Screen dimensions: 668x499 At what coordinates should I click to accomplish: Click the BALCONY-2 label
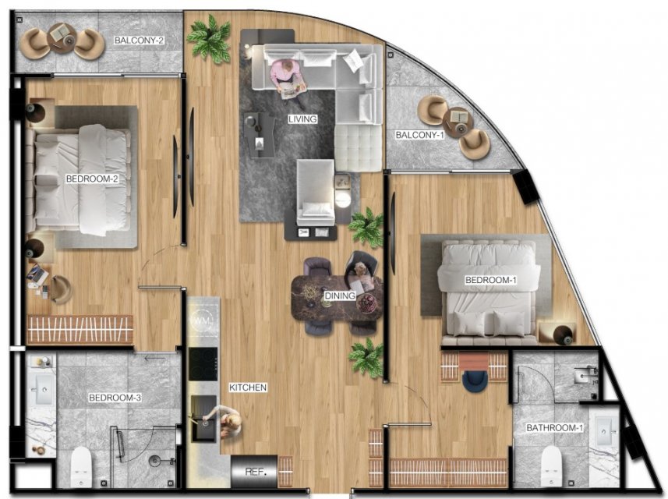[x=140, y=41]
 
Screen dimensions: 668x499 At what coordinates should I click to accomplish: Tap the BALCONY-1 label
[x=419, y=135]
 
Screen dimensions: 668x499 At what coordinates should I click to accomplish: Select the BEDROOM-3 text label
[x=115, y=398]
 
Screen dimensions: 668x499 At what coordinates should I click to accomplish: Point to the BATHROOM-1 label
[x=554, y=427]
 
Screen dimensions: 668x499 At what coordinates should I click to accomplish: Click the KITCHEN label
[x=248, y=388]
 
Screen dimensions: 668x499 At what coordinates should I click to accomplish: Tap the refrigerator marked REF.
[x=254, y=471]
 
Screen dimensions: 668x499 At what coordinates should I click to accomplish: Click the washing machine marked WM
[x=203, y=319]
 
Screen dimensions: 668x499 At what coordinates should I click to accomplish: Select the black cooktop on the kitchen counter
[x=203, y=364]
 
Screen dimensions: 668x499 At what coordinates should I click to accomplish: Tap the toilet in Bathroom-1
[x=553, y=465]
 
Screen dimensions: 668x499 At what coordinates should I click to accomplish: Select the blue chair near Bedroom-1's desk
[x=474, y=380]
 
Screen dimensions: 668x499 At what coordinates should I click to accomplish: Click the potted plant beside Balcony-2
[x=210, y=39]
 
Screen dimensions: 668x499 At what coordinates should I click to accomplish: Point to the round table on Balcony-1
[x=458, y=122]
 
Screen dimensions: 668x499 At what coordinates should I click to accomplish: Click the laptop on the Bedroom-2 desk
[x=37, y=274]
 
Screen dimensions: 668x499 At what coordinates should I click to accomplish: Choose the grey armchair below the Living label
[x=315, y=192]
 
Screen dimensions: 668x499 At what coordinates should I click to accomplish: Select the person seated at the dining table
[x=361, y=271]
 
